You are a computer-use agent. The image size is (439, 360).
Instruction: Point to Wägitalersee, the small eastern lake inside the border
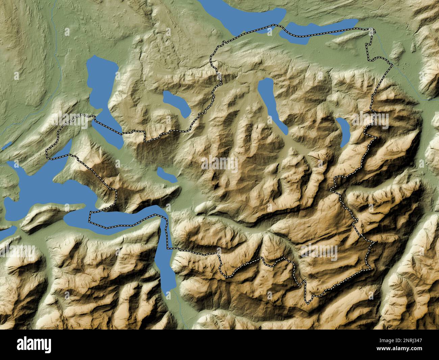[x=344, y=132]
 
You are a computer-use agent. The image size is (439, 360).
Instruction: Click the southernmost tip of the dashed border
[x=308, y=302]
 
